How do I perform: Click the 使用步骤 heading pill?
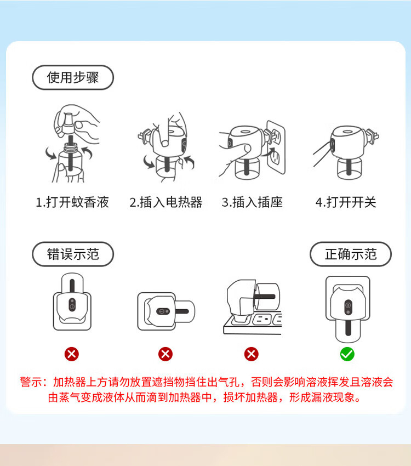click(x=73, y=77)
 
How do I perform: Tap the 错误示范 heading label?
click(x=73, y=254)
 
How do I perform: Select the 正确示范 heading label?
click(x=351, y=254)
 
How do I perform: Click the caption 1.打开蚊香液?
click(x=72, y=202)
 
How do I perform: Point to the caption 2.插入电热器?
click(x=166, y=202)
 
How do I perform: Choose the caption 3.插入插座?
click(x=252, y=202)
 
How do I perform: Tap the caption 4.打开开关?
click(x=346, y=202)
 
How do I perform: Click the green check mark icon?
click(x=347, y=354)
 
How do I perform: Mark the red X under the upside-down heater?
click(x=72, y=354)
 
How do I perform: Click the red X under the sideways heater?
click(x=165, y=354)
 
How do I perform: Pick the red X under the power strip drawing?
click(x=251, y=354)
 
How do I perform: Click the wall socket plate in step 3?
click(x=277, y=147)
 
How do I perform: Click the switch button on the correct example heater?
click(x=348, y=308)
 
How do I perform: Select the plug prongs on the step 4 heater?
click(x=373, y=137)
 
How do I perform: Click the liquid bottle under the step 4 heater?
click(x=350, y=168)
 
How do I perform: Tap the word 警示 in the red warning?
click(x=31, y=382)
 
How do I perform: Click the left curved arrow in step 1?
click(x=50, y=153)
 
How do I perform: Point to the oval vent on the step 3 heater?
click(x=245, y=132)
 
